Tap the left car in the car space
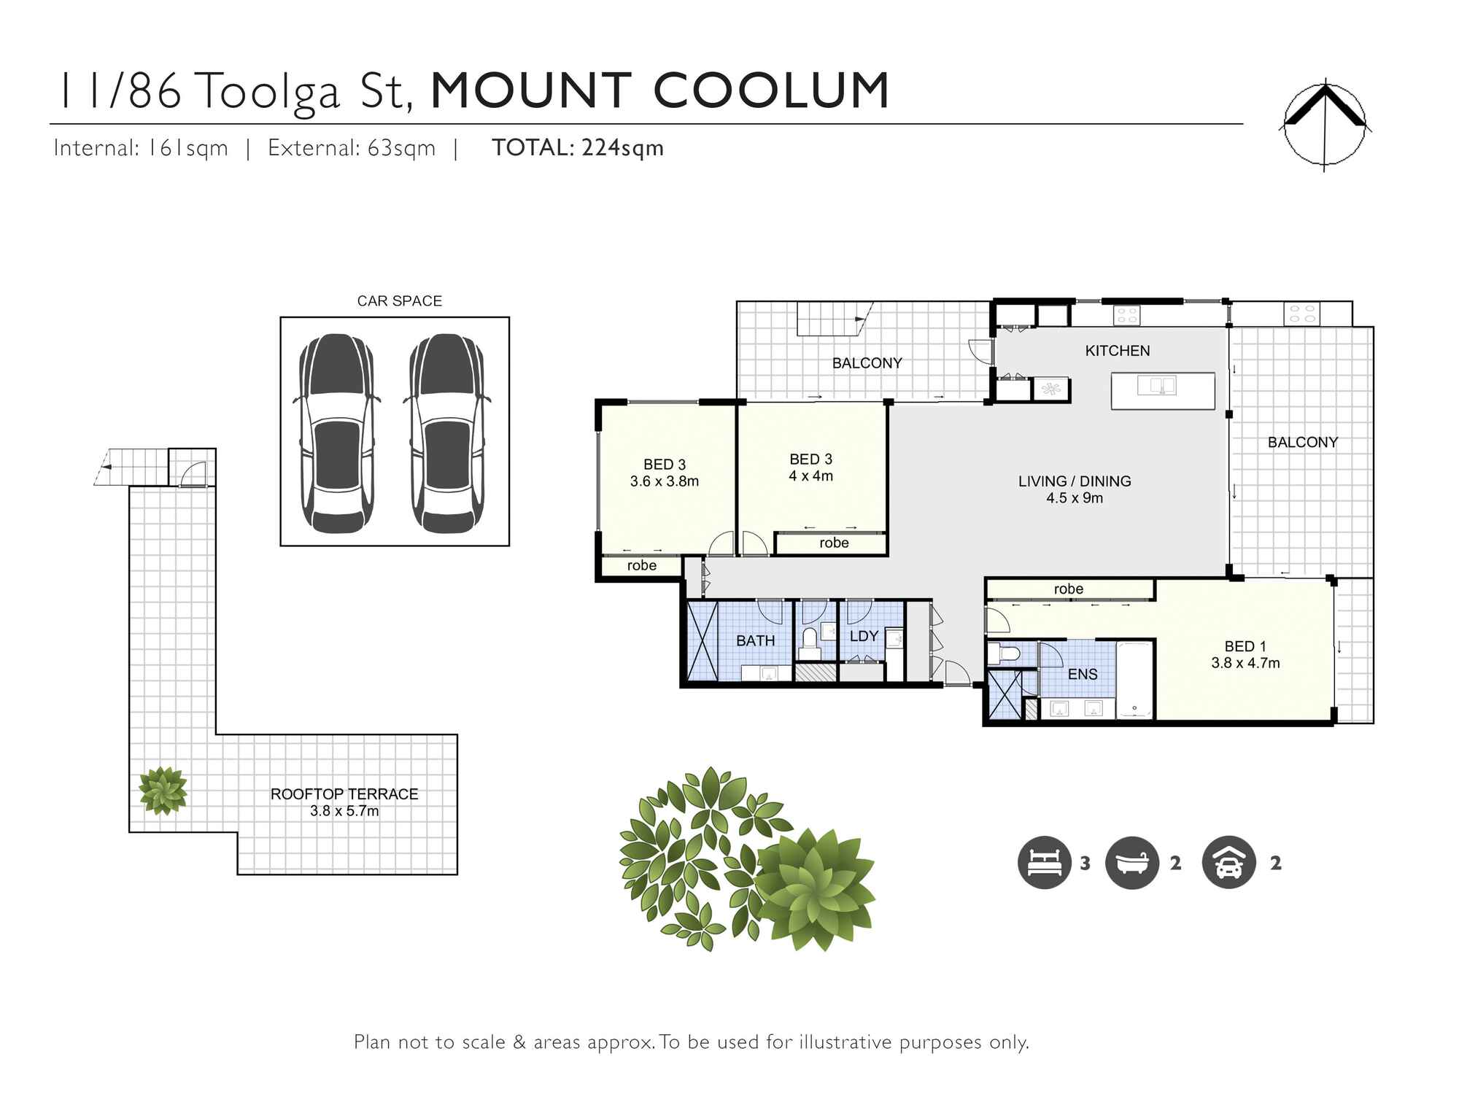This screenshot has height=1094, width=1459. point(336,433)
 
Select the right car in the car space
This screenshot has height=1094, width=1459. point(446,433)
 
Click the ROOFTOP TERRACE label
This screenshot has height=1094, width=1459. point(344,794)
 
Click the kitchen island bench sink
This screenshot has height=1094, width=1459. point(1157,384)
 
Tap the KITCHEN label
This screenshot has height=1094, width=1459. point(1117,351)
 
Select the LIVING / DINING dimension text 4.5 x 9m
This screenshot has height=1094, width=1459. point(1075,498)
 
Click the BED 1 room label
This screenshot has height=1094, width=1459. point(1245,646)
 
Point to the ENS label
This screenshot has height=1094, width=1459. point(1082,675)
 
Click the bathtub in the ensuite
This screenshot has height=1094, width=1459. point(1134,679)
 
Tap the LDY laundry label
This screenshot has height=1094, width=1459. point(864,636)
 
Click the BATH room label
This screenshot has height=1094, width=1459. point(755,640)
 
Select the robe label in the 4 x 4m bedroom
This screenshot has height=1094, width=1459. point(834,543)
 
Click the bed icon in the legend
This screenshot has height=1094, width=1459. point(1044,862)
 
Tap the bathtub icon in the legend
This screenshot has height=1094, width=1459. point(1131,862)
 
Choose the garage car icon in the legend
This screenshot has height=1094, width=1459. point(1228,862)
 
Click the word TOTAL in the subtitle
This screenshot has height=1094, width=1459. point(530,148)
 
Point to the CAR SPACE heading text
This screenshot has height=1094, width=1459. point(399,300)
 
